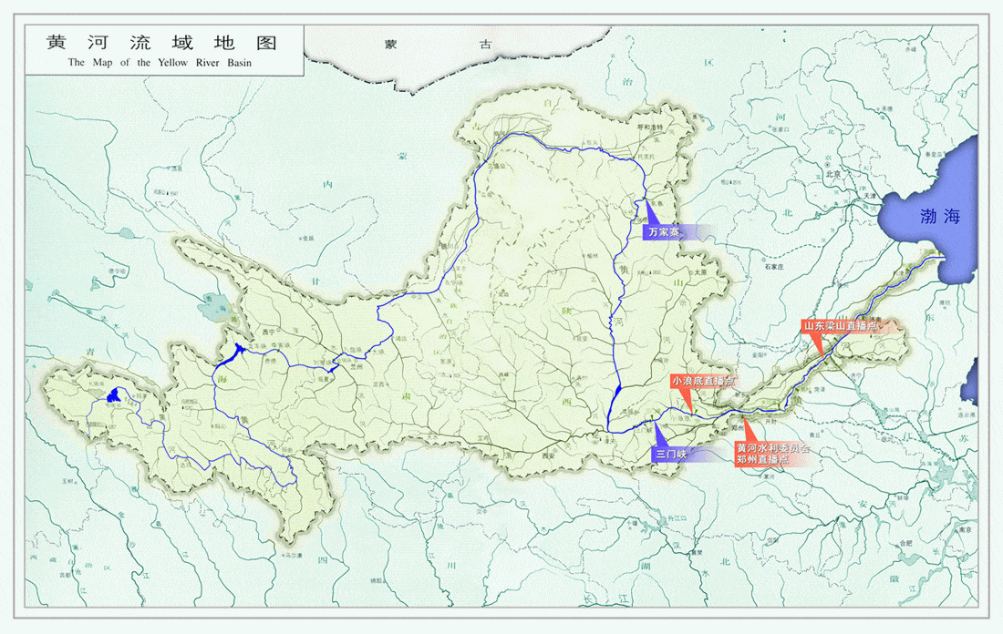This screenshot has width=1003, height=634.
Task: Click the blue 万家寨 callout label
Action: [664, 232]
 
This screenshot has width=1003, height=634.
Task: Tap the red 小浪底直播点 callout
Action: [702, 381]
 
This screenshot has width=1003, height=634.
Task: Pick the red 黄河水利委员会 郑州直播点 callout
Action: [772, 454]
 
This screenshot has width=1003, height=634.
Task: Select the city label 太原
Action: [700, 271]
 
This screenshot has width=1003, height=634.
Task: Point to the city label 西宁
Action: [267, 332]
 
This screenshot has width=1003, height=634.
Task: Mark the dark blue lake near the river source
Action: [113, 395]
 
